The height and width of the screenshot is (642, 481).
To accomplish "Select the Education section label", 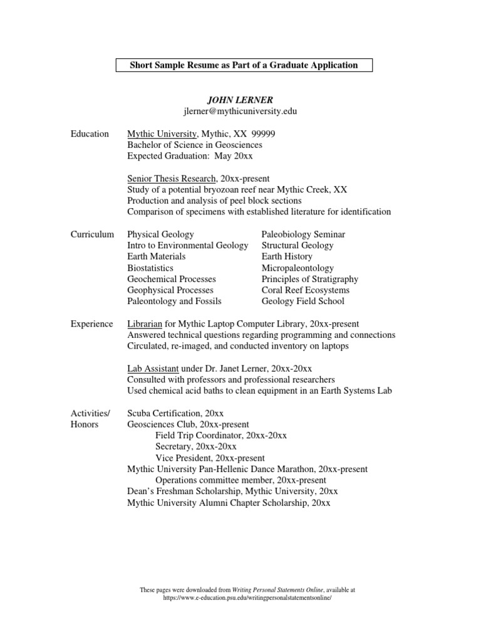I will point(90,134).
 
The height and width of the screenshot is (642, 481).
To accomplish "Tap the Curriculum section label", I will point(92,234).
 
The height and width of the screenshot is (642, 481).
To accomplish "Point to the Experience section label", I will point(92,324).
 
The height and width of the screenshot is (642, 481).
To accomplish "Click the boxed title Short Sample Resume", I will point(244,65).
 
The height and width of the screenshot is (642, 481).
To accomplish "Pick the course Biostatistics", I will point(150,268).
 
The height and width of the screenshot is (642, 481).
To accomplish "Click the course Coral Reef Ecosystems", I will point(306,290).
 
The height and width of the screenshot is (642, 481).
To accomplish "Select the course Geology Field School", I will point(303,302).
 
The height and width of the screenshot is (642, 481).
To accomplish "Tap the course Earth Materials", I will point(157,256).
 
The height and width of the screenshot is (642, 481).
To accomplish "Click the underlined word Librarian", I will point(145,324).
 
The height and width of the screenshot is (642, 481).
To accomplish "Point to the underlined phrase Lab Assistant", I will point(153,369).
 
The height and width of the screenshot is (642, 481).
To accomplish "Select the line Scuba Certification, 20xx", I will point(175,413).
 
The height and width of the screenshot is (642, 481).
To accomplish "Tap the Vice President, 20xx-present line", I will point(210,458).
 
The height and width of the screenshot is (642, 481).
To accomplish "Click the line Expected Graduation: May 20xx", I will point(190,156).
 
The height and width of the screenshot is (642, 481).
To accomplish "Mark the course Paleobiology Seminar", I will point(303,234).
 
